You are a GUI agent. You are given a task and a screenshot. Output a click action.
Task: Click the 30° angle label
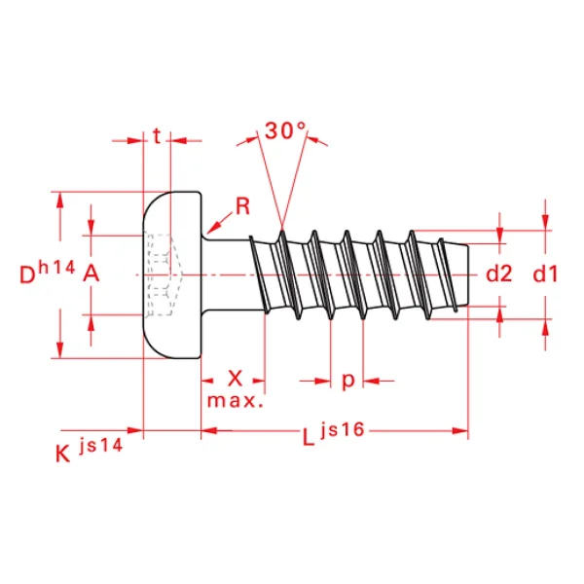click(x=285, y=130)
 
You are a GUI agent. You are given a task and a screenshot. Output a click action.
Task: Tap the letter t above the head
click(x=157, y=137)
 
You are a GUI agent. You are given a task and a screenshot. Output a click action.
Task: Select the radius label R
click(x=243, y=205)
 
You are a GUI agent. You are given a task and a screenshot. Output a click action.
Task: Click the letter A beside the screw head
click(x=91, y=274)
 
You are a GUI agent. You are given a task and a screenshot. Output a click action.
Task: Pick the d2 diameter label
click(x=498, y=274)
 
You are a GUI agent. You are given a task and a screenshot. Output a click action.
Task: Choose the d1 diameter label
click(x=545, y=274)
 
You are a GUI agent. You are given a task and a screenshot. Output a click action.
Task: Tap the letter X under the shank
click(x=235, y=378)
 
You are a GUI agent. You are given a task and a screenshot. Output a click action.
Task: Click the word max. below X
click(x=235, y=400)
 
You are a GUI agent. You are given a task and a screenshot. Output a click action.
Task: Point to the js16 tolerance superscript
click(x=340, y=429)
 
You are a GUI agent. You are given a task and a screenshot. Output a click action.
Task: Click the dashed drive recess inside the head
click(x=163, y=274)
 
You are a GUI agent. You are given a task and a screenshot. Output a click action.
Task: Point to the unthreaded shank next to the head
click(x=228, y=274)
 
